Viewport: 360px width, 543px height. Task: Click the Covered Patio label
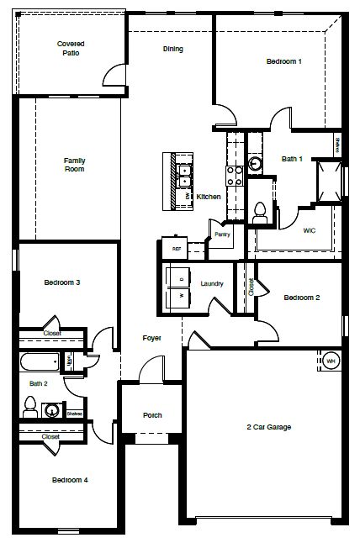(71, 48)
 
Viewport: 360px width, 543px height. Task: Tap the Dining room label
(173, 49)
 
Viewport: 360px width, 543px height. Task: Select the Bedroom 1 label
(284, 61)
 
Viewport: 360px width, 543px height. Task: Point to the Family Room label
(75, 164)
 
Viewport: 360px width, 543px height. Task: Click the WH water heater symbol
(331, 361)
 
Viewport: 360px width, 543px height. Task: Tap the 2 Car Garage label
(268, 427)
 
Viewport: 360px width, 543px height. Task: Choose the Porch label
(152, 415)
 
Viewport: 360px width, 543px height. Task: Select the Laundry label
(212, 284)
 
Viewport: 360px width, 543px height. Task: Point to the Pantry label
(222, 235)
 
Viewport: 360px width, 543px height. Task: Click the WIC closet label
(309, 229)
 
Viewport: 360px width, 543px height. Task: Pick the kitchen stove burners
(235, 174)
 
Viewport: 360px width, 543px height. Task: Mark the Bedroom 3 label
(62, 282)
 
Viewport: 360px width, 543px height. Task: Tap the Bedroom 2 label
(302, 298)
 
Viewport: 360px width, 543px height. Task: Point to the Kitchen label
(209, 197)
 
